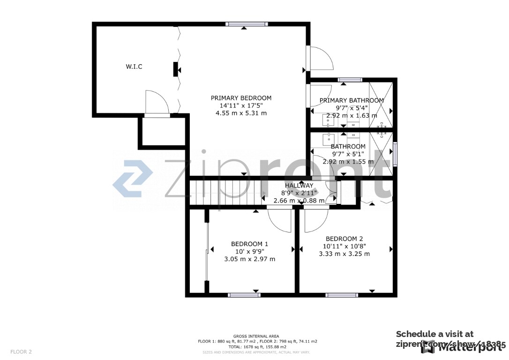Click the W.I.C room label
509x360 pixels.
click(x=134, y=67)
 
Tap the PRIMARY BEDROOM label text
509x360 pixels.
click(x=241, y=98)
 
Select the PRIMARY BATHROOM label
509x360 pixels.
click(x=352, y=100)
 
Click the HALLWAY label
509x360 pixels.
click(x=299, y=186)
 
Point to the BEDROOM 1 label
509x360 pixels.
click(x=249, y=244)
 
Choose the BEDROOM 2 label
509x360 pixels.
click(x=344, y=238)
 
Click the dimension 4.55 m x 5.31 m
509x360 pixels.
click(x=241, y=113)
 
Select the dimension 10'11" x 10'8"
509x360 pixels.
click(x=344, y=246)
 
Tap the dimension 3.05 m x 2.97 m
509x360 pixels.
click(x=249, y=259)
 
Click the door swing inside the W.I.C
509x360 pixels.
click(x=156, y=102)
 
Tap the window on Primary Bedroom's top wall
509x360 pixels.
click(x=247, y=24)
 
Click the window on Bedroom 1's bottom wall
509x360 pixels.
click(x=244, y=295)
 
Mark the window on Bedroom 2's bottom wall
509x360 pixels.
click(x=342, y=295)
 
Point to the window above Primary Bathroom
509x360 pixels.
click(x=346, y=79)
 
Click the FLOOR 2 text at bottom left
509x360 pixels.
click(x=21, y=352)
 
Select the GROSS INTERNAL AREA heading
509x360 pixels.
click(x=256, y=336)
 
